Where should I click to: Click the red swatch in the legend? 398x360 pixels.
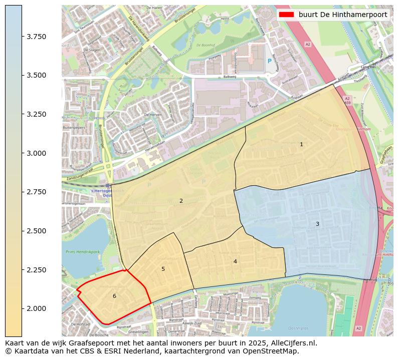click(x=286, y=15)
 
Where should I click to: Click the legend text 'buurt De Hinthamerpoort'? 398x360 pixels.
click(x=343, y=15)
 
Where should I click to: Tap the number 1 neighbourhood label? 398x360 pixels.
click(x=301, y=145)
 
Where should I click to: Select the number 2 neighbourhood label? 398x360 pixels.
click(x=181, y=201)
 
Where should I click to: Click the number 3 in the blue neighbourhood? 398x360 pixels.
click(x=317, y=224)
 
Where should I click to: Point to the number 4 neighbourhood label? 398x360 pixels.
click(x=235, y=262)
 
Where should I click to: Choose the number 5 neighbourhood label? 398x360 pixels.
click(x=163, y=269)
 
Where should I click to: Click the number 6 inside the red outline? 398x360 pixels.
click(x=114, y=296)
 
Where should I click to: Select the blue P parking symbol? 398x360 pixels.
click(x=269, y=61)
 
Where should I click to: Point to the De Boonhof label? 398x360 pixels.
click(x=205, y=45)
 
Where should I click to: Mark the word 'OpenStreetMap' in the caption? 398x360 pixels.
click(x=274, y=351)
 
